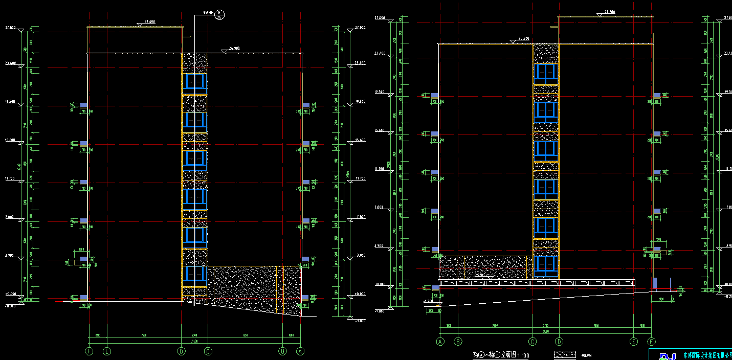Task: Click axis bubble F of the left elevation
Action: point(90,351)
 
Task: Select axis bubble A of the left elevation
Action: point(301,351)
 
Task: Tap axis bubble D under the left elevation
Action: point(181,351)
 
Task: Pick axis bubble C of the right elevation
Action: point(533,342)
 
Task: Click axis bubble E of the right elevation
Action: point(634,342)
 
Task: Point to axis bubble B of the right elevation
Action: point(458,342)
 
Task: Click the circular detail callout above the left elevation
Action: point(218,14)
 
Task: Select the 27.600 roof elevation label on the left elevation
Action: point(149,22)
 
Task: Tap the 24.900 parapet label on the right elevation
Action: point(523,39)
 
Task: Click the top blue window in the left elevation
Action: point(195,81)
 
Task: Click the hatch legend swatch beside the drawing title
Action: point(565,354)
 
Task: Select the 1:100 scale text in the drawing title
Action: point(523,355)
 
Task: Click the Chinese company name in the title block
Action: point(707,354)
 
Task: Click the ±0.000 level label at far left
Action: point(11,294)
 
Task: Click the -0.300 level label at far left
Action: point(10,306)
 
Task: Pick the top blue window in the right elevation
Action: point(546,74)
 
